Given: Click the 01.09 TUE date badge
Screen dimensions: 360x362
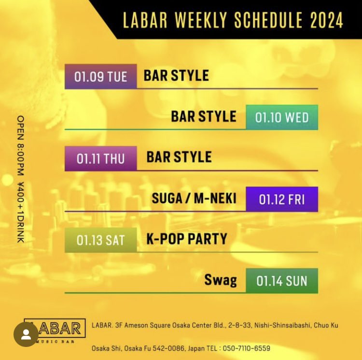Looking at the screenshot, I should [100, 76].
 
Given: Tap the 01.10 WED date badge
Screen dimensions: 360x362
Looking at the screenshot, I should [282, 117].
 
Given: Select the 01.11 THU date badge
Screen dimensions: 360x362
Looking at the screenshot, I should [100, 158].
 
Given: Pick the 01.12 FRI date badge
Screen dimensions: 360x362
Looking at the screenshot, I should [282, 199].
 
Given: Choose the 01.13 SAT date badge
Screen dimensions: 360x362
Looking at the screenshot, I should [100, 240].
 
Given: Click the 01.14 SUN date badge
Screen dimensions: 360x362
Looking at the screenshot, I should [282, 281].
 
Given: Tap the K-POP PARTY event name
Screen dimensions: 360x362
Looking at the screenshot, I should [187, 239].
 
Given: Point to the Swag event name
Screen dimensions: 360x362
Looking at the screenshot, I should [221, 280].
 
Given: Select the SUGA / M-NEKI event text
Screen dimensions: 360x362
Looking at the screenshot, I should [194, 198].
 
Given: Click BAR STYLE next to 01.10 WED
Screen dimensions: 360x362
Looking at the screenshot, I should [204, 116].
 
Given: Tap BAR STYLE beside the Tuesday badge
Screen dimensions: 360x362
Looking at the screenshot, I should [176, 76].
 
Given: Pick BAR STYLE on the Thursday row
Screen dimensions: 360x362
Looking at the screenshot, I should [179, 157].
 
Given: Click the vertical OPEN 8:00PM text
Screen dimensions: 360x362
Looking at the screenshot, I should [21, 145].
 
